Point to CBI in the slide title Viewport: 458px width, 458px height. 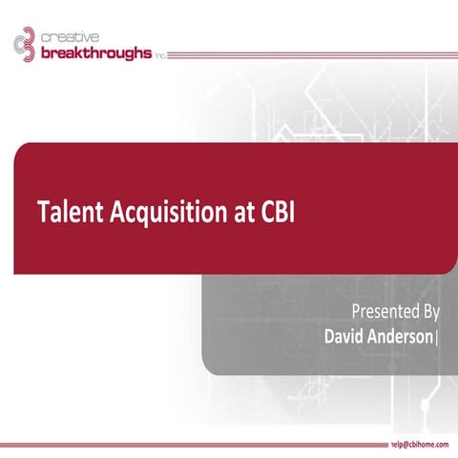276,212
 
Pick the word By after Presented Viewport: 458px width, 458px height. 430,311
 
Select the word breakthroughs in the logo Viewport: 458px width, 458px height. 95,52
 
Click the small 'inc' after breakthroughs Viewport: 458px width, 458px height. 159,55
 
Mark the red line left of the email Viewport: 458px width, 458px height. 191,446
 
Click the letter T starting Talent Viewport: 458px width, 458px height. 42,212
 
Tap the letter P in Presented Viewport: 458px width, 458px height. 356,311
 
